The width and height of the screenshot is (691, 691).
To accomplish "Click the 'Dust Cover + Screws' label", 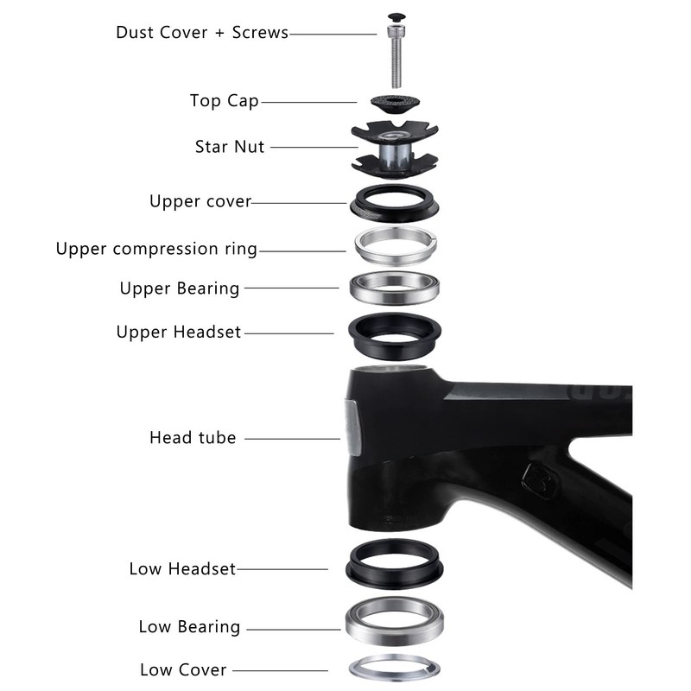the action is [x=202, y=33].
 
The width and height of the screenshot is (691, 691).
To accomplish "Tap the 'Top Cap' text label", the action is [x=224, y=101].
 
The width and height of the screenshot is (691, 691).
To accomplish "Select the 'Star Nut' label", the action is [x=230, y=146].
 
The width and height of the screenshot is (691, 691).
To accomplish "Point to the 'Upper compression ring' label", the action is [x=156, y=249].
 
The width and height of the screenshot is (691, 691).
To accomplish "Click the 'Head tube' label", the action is [x=193, y=438].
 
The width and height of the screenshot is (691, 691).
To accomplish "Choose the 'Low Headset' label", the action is [x=182, y=568].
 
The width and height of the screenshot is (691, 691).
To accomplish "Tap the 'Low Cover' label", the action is [x=183, y=670].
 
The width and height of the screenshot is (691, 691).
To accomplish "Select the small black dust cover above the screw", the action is [x=396, y=18].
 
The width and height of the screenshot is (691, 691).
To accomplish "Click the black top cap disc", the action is [x=395, y=104].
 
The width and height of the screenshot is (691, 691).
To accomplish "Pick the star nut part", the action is [x=395, y=149].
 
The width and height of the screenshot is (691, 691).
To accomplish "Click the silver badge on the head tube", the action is [x=353, y=428].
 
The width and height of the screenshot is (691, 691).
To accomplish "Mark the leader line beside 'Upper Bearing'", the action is [x=292, y=288].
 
